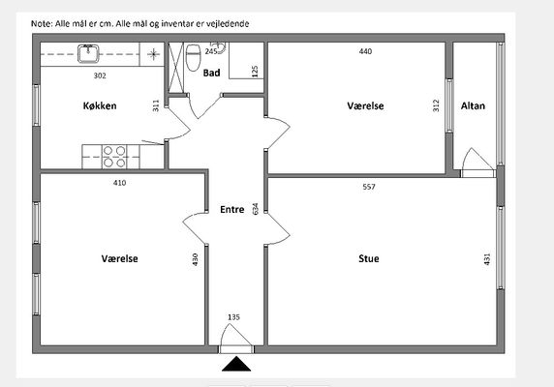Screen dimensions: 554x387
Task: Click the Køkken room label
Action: pos(100,105)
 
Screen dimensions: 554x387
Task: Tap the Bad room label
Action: pos(212,73)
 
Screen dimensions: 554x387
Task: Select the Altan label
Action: pos(473,105)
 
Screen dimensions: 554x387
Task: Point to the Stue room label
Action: pos(369,258)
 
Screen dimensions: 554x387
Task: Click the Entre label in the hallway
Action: pos(232,210)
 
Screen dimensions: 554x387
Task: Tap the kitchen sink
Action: pos(88,53)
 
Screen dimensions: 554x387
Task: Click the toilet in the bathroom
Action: pos(194,57)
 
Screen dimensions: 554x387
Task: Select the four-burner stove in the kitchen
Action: pos(114,157)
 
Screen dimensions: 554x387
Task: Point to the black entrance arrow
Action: pos(236,364)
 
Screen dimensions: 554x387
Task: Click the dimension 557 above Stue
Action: pos(369,187)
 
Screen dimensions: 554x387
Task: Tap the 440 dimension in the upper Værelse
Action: pos(365,51)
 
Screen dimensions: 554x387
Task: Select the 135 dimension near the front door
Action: pos(233,317)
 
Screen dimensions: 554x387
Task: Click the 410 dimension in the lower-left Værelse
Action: pos(119,183)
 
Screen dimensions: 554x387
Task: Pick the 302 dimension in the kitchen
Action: pos(100,75)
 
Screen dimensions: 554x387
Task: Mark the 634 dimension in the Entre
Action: pos(255,208)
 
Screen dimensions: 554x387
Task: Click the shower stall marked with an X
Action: pos(175,68)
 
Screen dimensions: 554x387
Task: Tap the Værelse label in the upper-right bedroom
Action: pos(365,105)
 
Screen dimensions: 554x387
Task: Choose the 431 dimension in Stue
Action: pos(487,259)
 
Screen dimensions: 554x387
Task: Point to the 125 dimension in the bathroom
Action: pos(255,72)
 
